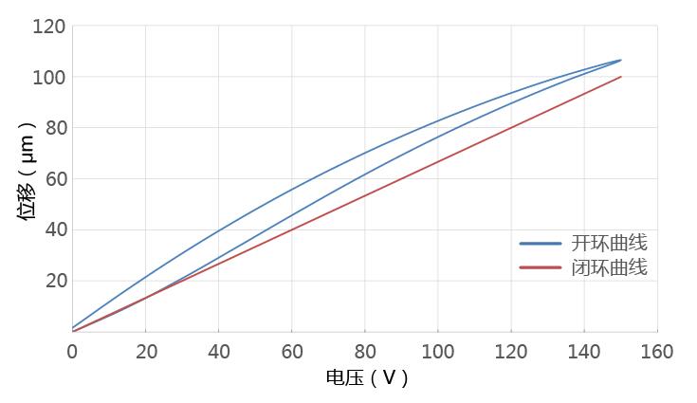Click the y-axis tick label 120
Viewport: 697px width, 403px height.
[x=49, y=27]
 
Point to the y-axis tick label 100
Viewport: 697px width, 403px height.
[x=49, y=77]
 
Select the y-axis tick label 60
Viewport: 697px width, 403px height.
[x=54, y=178]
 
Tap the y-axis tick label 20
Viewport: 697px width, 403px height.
[x=54, y=281]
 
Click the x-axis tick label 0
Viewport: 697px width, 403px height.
[x=72, y=352]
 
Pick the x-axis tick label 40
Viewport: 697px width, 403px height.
[x=218, y=352]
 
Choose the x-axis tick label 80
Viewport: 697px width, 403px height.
[x=365, y=352]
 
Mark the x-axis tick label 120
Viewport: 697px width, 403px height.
[x=511, y=352]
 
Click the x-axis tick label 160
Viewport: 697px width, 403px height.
[x=657, y=352]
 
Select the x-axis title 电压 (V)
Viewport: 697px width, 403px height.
[x=367, y=378]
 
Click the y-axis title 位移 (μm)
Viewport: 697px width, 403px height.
[x=27, y=172]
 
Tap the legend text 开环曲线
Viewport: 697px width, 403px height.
[x=609, y=243]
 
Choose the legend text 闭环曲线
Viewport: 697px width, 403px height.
[x=609, y=267]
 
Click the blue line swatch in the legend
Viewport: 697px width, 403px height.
[x=541, y=244]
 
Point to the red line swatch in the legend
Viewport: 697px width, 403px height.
[x=541, y=267]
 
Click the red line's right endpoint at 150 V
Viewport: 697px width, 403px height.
[x=621, y=77]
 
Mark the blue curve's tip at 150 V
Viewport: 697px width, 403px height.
[x=621, y=60]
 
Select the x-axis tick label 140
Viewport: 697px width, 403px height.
[x=584, y=352]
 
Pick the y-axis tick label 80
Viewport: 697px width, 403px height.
[x=54, y=128]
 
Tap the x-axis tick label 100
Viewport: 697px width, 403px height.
[x=438, y=352]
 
